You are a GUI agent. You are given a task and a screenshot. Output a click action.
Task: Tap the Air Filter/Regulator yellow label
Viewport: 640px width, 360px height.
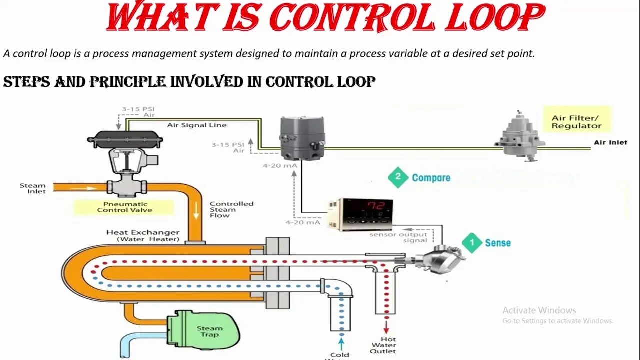point(576,122)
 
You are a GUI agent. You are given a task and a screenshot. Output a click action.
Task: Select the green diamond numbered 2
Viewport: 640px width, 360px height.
point(398,177)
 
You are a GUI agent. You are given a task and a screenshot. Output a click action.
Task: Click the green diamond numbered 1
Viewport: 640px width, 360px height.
point(471,243)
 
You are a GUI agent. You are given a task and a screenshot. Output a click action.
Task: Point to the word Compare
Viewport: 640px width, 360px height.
point(431,178)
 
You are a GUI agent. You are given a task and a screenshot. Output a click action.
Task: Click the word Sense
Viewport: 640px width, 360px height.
point(498,243)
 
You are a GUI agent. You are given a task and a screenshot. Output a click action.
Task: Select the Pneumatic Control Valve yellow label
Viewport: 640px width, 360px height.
point(125,207)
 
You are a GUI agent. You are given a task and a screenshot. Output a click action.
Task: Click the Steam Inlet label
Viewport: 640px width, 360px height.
point(33,188)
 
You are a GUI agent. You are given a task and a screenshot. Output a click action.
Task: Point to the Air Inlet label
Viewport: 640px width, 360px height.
point(610,142)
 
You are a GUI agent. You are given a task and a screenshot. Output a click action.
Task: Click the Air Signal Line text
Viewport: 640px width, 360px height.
point(196,125)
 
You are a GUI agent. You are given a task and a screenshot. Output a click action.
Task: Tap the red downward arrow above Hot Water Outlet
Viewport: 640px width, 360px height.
point(386,327)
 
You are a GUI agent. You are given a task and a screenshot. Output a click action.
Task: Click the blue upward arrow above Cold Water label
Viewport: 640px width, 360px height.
point(341,343)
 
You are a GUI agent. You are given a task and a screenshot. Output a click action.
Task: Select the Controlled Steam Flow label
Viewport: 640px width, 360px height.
point(231,209)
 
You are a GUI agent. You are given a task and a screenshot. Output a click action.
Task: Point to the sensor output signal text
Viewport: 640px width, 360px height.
point(398,237)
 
